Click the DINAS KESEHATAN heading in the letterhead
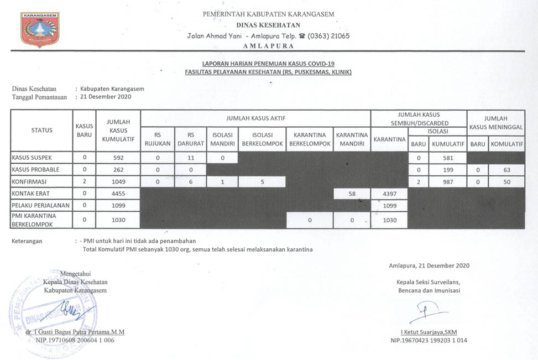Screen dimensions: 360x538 tap(268, 25)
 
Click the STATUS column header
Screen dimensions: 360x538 tap(42, 131)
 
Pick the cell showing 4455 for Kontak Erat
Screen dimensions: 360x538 tap(118, 194)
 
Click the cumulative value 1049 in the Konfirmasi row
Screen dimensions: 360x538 tap(118, 181)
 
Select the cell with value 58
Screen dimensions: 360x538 tap(352, 194)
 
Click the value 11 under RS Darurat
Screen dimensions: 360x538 tap(191, 158)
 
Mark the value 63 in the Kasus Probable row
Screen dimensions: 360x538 tap(506, 169)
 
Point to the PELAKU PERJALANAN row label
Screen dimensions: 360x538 tap(40, 205)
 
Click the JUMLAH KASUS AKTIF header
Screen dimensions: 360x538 tap(255, 118)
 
